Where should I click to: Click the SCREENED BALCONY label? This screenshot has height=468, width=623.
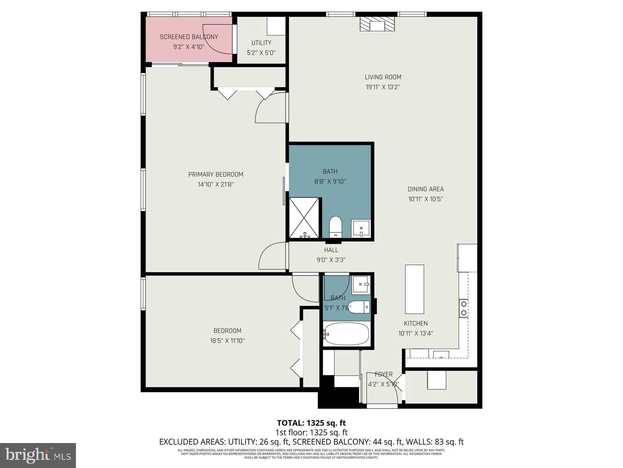tap(189, 37)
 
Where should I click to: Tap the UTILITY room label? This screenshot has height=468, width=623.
tap(261, 43)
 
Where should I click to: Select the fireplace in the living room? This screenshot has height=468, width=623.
tap(377, 25)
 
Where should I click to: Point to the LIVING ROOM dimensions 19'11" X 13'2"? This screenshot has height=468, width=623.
tap(383, 87)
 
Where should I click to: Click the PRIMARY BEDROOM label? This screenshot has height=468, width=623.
tap(216, 174)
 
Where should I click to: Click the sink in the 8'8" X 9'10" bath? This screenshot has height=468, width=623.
tap(361, 229)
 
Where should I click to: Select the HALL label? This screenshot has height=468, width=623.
tap(331, 250)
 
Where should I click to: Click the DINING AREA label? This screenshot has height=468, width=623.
tap(426, 189)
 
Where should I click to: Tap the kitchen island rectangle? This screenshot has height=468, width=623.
tap(414, 289)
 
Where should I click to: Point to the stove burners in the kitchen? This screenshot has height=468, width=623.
tap(463, 308)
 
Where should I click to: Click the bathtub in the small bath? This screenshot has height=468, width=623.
tap(346, 334)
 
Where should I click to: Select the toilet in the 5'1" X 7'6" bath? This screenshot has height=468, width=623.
tap(358, 307)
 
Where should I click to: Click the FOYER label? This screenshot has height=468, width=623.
tap(384, 374)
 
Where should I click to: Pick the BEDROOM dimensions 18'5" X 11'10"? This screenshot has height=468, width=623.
tap(227, 340)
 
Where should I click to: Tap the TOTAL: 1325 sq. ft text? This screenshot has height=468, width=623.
tap(311, 423)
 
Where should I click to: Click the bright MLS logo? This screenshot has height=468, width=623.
tap(38, 455)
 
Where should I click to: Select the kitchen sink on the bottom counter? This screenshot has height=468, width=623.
tap(441, 354)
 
